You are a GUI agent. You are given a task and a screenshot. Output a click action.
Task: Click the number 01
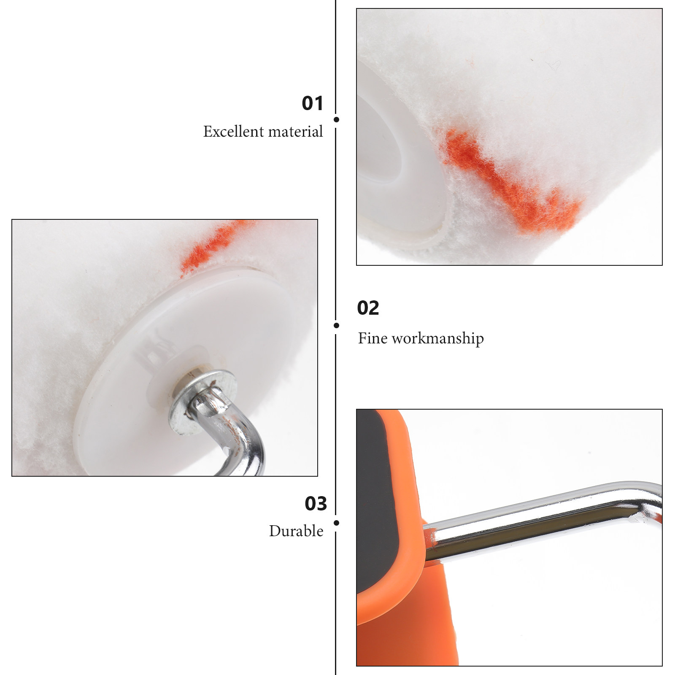point(313,103)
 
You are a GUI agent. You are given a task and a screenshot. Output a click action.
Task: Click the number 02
point(368,308)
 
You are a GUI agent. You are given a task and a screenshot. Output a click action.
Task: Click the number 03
point(316,504)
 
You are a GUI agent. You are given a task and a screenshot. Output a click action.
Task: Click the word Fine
point(373,338)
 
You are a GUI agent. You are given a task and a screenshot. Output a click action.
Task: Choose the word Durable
point(296,531)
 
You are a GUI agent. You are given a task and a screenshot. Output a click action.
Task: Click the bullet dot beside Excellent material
point(336,120)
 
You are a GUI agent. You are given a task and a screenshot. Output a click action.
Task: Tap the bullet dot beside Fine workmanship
point(336,325)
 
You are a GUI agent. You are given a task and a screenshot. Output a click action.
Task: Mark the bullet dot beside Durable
point(336,523)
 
